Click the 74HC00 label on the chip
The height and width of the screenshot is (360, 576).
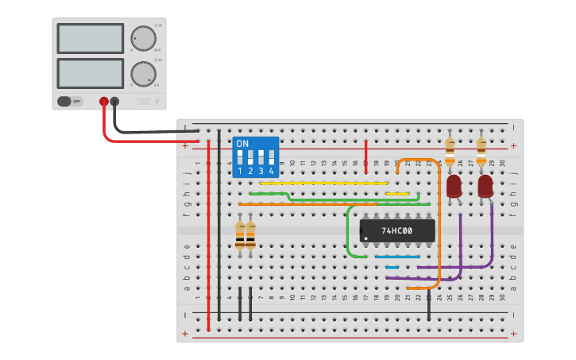[396, 231]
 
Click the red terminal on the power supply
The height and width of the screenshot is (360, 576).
[103, 101]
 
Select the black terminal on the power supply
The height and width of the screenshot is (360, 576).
[115, 101]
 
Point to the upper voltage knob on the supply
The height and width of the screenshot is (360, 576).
[143, 37]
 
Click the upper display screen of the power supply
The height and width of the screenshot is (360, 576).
[90, 38]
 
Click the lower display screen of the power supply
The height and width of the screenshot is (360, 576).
[90, 73]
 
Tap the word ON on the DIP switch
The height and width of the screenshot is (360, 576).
[242, 144]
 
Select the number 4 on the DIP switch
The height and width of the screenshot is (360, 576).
[272, 171]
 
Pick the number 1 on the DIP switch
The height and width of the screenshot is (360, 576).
[240, 171]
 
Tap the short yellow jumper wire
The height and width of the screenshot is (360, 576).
[397, 193]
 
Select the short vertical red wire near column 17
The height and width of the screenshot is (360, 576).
[366, 155]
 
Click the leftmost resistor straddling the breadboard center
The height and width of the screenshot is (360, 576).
[240, 236]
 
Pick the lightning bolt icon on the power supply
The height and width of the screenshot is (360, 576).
[157, 101]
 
